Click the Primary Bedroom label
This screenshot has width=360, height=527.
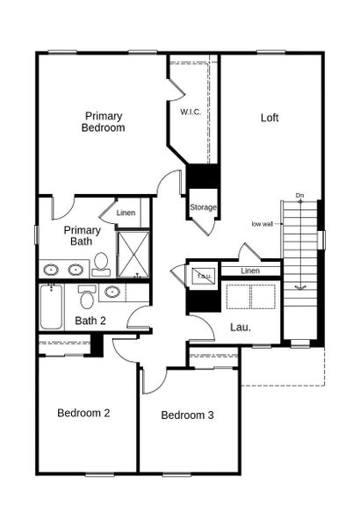(104, 121)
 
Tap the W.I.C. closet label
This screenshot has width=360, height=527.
(191, 112)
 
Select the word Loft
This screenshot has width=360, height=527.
(270, 118)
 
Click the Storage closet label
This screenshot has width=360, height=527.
(203, 207)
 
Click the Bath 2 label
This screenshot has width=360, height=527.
(90, 321)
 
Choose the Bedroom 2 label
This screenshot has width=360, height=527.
(83, 413)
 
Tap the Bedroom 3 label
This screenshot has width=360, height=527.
(187, 415)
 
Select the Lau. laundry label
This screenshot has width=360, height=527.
(241, 328)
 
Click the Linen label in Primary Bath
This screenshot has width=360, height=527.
(126, 213)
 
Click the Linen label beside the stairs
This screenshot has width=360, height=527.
(250, 271)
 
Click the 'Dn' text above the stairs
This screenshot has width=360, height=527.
(299, 195)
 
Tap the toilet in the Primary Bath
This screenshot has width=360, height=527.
(101, 263)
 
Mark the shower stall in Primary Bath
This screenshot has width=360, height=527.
(133, 254)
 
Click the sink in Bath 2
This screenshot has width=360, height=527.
(112, 292)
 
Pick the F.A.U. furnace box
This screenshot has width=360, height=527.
(204, 275)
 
